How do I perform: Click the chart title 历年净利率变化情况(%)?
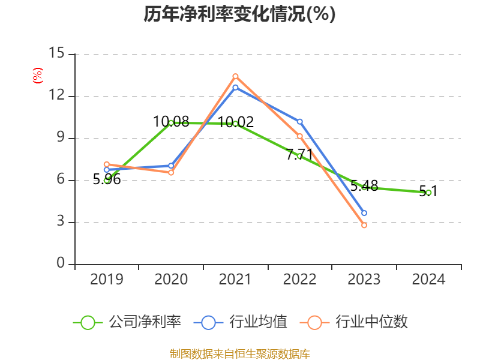coord(239,14)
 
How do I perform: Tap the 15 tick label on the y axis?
coord(56,53)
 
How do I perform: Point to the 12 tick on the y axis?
coord(56,96)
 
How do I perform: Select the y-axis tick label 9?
coord(61,138)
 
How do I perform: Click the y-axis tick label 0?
coord(61,264)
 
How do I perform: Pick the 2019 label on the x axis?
coord(107,279)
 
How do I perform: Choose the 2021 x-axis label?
coord(235,279)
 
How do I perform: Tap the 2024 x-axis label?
coord(428,279)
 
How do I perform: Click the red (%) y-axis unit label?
coord(37,76)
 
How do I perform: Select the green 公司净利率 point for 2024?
coord(428,193)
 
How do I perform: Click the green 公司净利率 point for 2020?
coord(171,122)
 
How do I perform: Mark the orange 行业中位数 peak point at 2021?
coord(235,76)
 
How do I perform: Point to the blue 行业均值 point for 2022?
coord(300,122)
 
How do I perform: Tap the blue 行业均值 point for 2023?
coord(364,213)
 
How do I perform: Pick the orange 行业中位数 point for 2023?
coord(364,225)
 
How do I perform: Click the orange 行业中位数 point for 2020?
coord(171,172)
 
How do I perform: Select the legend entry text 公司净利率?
coord(145,322)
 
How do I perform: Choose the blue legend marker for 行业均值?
coord(208,322)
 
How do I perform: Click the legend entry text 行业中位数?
coord(371,322)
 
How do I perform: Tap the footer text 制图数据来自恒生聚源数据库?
coord(239,353)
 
